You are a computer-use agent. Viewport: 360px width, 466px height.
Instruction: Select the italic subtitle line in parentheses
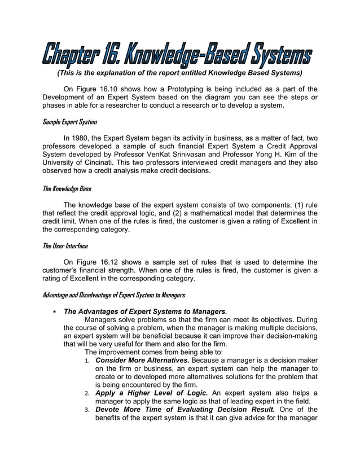point(179,73)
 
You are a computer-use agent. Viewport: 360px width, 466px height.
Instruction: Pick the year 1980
point(84,137)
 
